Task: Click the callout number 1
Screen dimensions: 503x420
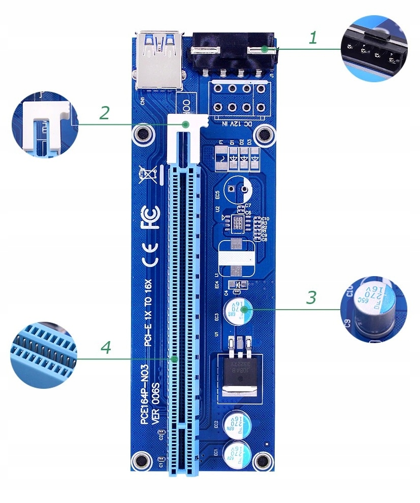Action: pyautogui.click(x=313, y=38)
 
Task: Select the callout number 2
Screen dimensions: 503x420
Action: pyautogui.click(x=104, y=113)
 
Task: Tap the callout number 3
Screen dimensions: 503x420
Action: pyautogui.click(x=311, y=297)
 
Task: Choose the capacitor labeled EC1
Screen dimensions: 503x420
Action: pyautogui.click(x=238, y=451)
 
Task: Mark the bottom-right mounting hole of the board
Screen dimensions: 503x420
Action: pyautogui.click(x=263, y=460)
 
